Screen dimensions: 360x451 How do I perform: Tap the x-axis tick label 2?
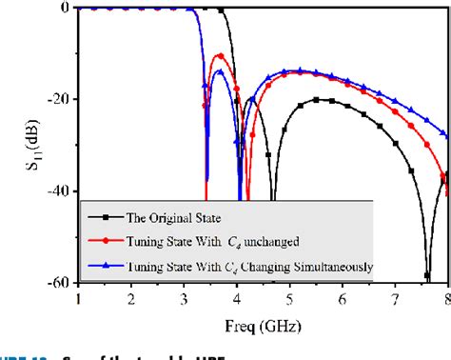click(131, 298)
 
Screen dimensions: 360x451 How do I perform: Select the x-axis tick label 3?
click(184, 298)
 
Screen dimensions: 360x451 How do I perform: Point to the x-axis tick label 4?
click(237, 298)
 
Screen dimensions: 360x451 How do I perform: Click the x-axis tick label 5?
click(290, 298)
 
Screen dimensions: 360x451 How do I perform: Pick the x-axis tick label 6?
click(343, 298)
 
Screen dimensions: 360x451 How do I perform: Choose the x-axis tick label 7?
click(396, 298)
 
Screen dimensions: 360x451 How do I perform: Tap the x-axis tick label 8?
click(446, 298)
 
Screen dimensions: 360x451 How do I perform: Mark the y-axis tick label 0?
click(65, 8)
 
